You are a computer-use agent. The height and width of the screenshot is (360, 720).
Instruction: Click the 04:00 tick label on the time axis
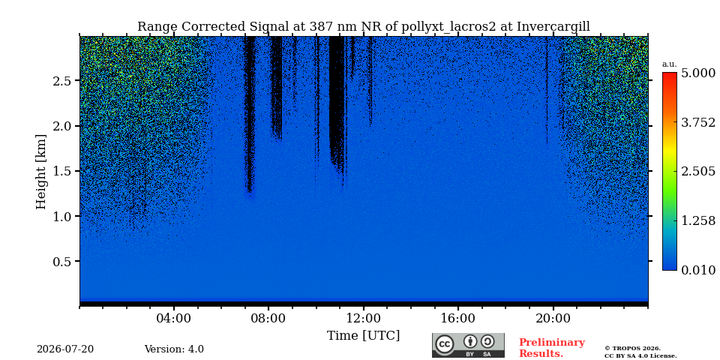point(174,318)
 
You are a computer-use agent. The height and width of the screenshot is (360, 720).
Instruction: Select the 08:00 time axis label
point(268,318)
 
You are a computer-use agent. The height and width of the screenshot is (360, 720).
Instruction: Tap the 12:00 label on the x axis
point(364,318)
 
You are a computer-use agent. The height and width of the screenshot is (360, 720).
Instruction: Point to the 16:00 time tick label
point(458,318)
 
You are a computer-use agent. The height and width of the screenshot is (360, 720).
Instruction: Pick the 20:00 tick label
point(553,318)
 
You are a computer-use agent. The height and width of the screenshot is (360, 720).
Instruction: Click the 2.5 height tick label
point(63,81)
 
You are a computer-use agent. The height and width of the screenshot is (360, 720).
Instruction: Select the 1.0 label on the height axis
point(63,216)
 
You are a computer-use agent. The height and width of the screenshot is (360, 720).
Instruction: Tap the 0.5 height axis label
point(63,261)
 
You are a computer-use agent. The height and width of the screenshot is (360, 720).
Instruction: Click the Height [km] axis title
point(40,172)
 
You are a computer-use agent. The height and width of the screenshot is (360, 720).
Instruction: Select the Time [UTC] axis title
point(363,336)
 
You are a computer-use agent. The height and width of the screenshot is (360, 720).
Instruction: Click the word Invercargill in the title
point(553,27)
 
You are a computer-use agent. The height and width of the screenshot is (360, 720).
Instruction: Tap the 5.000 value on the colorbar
point(698,73)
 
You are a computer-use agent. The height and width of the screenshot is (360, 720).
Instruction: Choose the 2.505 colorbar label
point(698,171)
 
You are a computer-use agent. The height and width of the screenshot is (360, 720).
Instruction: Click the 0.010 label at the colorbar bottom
point(698,270)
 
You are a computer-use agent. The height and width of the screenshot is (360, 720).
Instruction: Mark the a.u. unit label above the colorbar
point(670,64)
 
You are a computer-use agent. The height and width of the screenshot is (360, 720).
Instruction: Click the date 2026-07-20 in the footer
point(65,349)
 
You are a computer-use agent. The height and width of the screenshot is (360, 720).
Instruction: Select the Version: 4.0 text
point(174,349)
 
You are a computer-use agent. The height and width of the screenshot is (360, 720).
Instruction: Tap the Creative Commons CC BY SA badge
point(468,345)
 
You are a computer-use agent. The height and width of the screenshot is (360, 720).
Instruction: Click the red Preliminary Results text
point(551,348)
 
